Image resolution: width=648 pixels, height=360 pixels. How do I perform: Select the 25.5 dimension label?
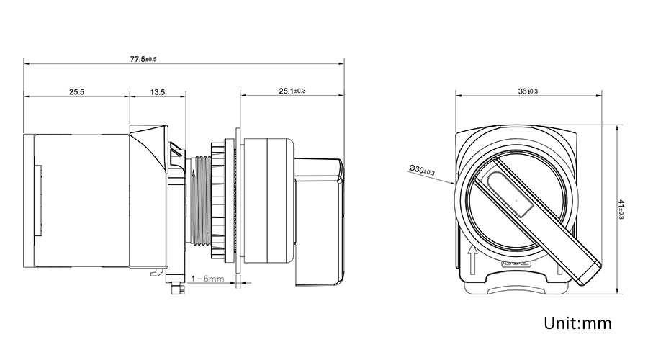tap(77, 92)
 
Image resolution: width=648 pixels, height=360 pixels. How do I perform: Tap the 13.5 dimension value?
tap(158, 92)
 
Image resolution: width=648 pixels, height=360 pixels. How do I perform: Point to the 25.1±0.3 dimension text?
tap(292, 91)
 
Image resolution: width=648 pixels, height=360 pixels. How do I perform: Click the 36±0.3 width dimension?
tap(528, 91)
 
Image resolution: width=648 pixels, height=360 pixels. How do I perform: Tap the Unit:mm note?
tap(577, 323)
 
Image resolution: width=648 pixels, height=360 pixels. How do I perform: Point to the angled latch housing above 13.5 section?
tap(150, 144)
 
